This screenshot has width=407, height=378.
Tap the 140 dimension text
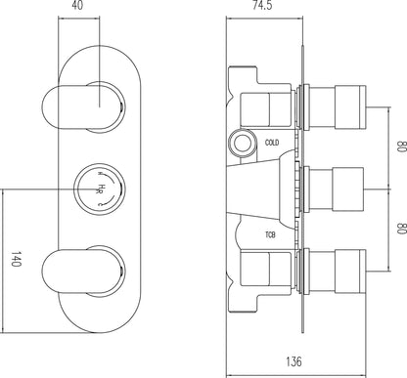point(14,259)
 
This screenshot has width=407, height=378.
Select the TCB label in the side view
point(270,233)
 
